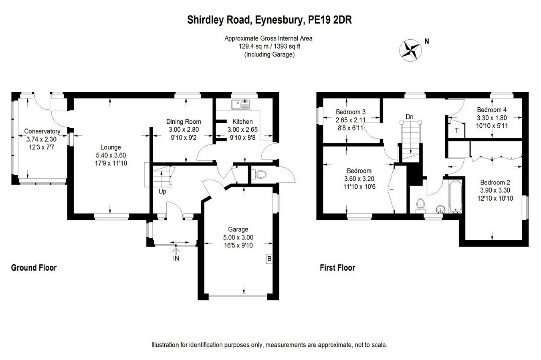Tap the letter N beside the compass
(x=427, y=41)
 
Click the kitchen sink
(x=240, y=104)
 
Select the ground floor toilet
(x=260, y=174)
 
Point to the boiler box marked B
(x=269, y=259)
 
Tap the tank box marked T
(x=457, y=131)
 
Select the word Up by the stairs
(x=162, y=191)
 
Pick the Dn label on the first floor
(x=409, y=117)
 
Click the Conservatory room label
(x=42, y=131)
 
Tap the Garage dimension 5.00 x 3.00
(x=238, y=237)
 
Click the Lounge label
(x=111, y=147)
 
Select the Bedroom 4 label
(x=492, y=110)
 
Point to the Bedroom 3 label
(x=351, y=112)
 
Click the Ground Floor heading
(x=34, y=267)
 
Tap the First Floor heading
(x=337, y=267)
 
